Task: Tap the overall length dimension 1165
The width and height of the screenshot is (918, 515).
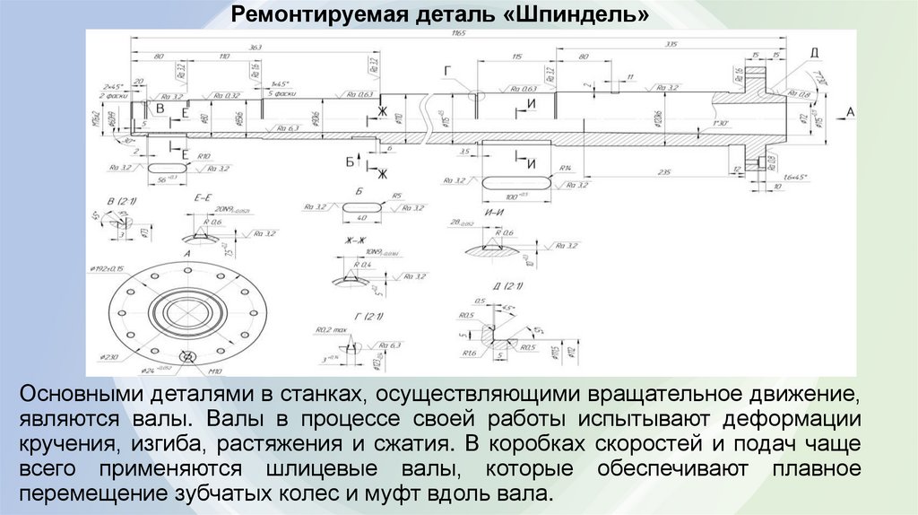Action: point(459,34)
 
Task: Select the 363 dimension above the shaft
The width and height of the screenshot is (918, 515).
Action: point(255,46)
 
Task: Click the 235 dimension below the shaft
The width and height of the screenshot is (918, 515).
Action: point(664,171)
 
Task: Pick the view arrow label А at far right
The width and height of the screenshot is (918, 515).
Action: point(851,111)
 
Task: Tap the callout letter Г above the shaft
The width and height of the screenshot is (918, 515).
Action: point(446,69)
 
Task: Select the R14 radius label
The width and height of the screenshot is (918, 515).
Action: point(566,168)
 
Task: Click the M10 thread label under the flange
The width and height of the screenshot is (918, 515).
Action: point(213,369)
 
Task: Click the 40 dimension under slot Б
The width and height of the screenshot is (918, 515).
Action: point(362,218)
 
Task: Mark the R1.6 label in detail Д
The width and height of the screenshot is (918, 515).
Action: point(469,353)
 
